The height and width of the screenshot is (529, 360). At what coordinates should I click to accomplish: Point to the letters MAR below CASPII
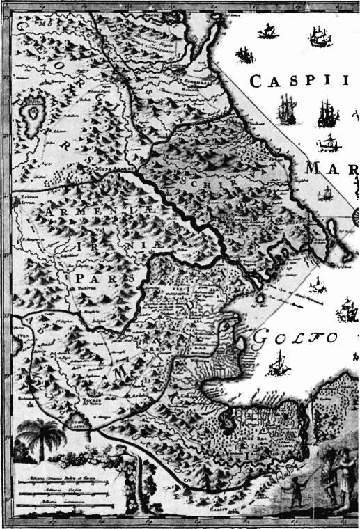(x=331, y=169)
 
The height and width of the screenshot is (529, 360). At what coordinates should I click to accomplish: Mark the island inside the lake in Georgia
(x=33, y=111)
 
